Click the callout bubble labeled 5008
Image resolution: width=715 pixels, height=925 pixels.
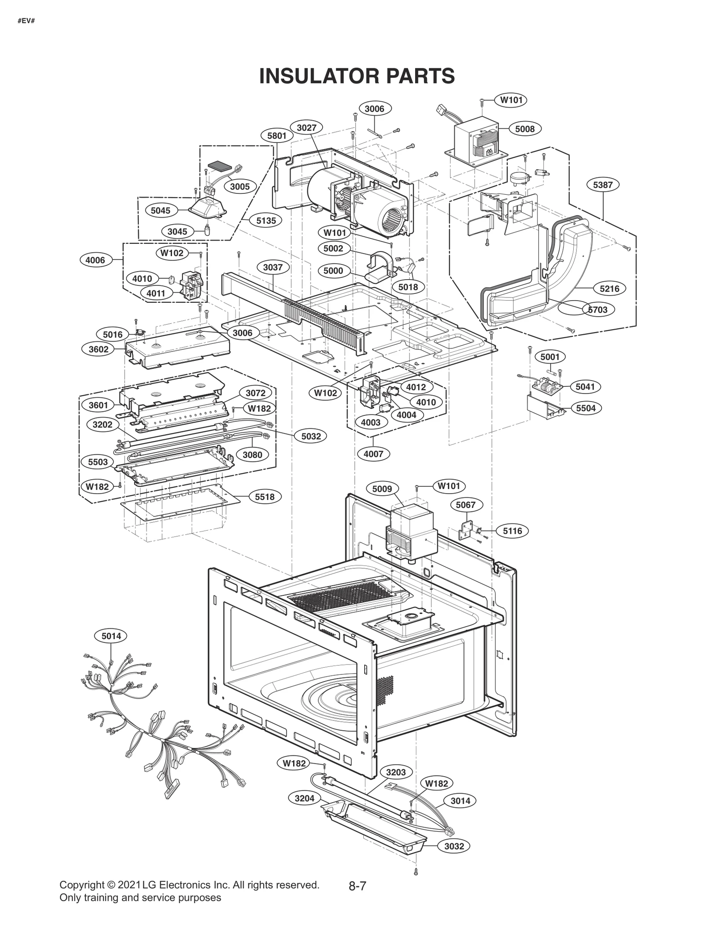coord(525,129)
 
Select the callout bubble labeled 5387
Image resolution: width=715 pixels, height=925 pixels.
coord(602,184)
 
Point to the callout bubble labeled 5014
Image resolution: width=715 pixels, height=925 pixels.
coord(111,636)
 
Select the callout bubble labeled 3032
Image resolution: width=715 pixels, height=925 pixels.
coord(454,846)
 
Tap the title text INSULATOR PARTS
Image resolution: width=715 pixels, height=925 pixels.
coord(357,76)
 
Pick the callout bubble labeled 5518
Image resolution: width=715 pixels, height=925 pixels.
coord(265,497)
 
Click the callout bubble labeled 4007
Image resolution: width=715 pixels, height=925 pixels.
coord(374,454)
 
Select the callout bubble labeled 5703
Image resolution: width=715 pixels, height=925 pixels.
coord(598,310)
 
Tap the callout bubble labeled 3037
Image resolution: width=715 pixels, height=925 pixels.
coord(273,267)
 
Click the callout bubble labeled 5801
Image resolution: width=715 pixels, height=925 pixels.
coord(277,135)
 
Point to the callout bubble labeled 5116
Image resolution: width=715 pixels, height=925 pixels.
coord(512,531)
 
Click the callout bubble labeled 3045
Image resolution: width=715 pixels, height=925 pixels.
coord(177,231)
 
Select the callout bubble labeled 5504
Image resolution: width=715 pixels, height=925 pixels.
coord(586,408)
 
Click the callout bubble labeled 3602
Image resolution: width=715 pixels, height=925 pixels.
coord(98,349)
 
